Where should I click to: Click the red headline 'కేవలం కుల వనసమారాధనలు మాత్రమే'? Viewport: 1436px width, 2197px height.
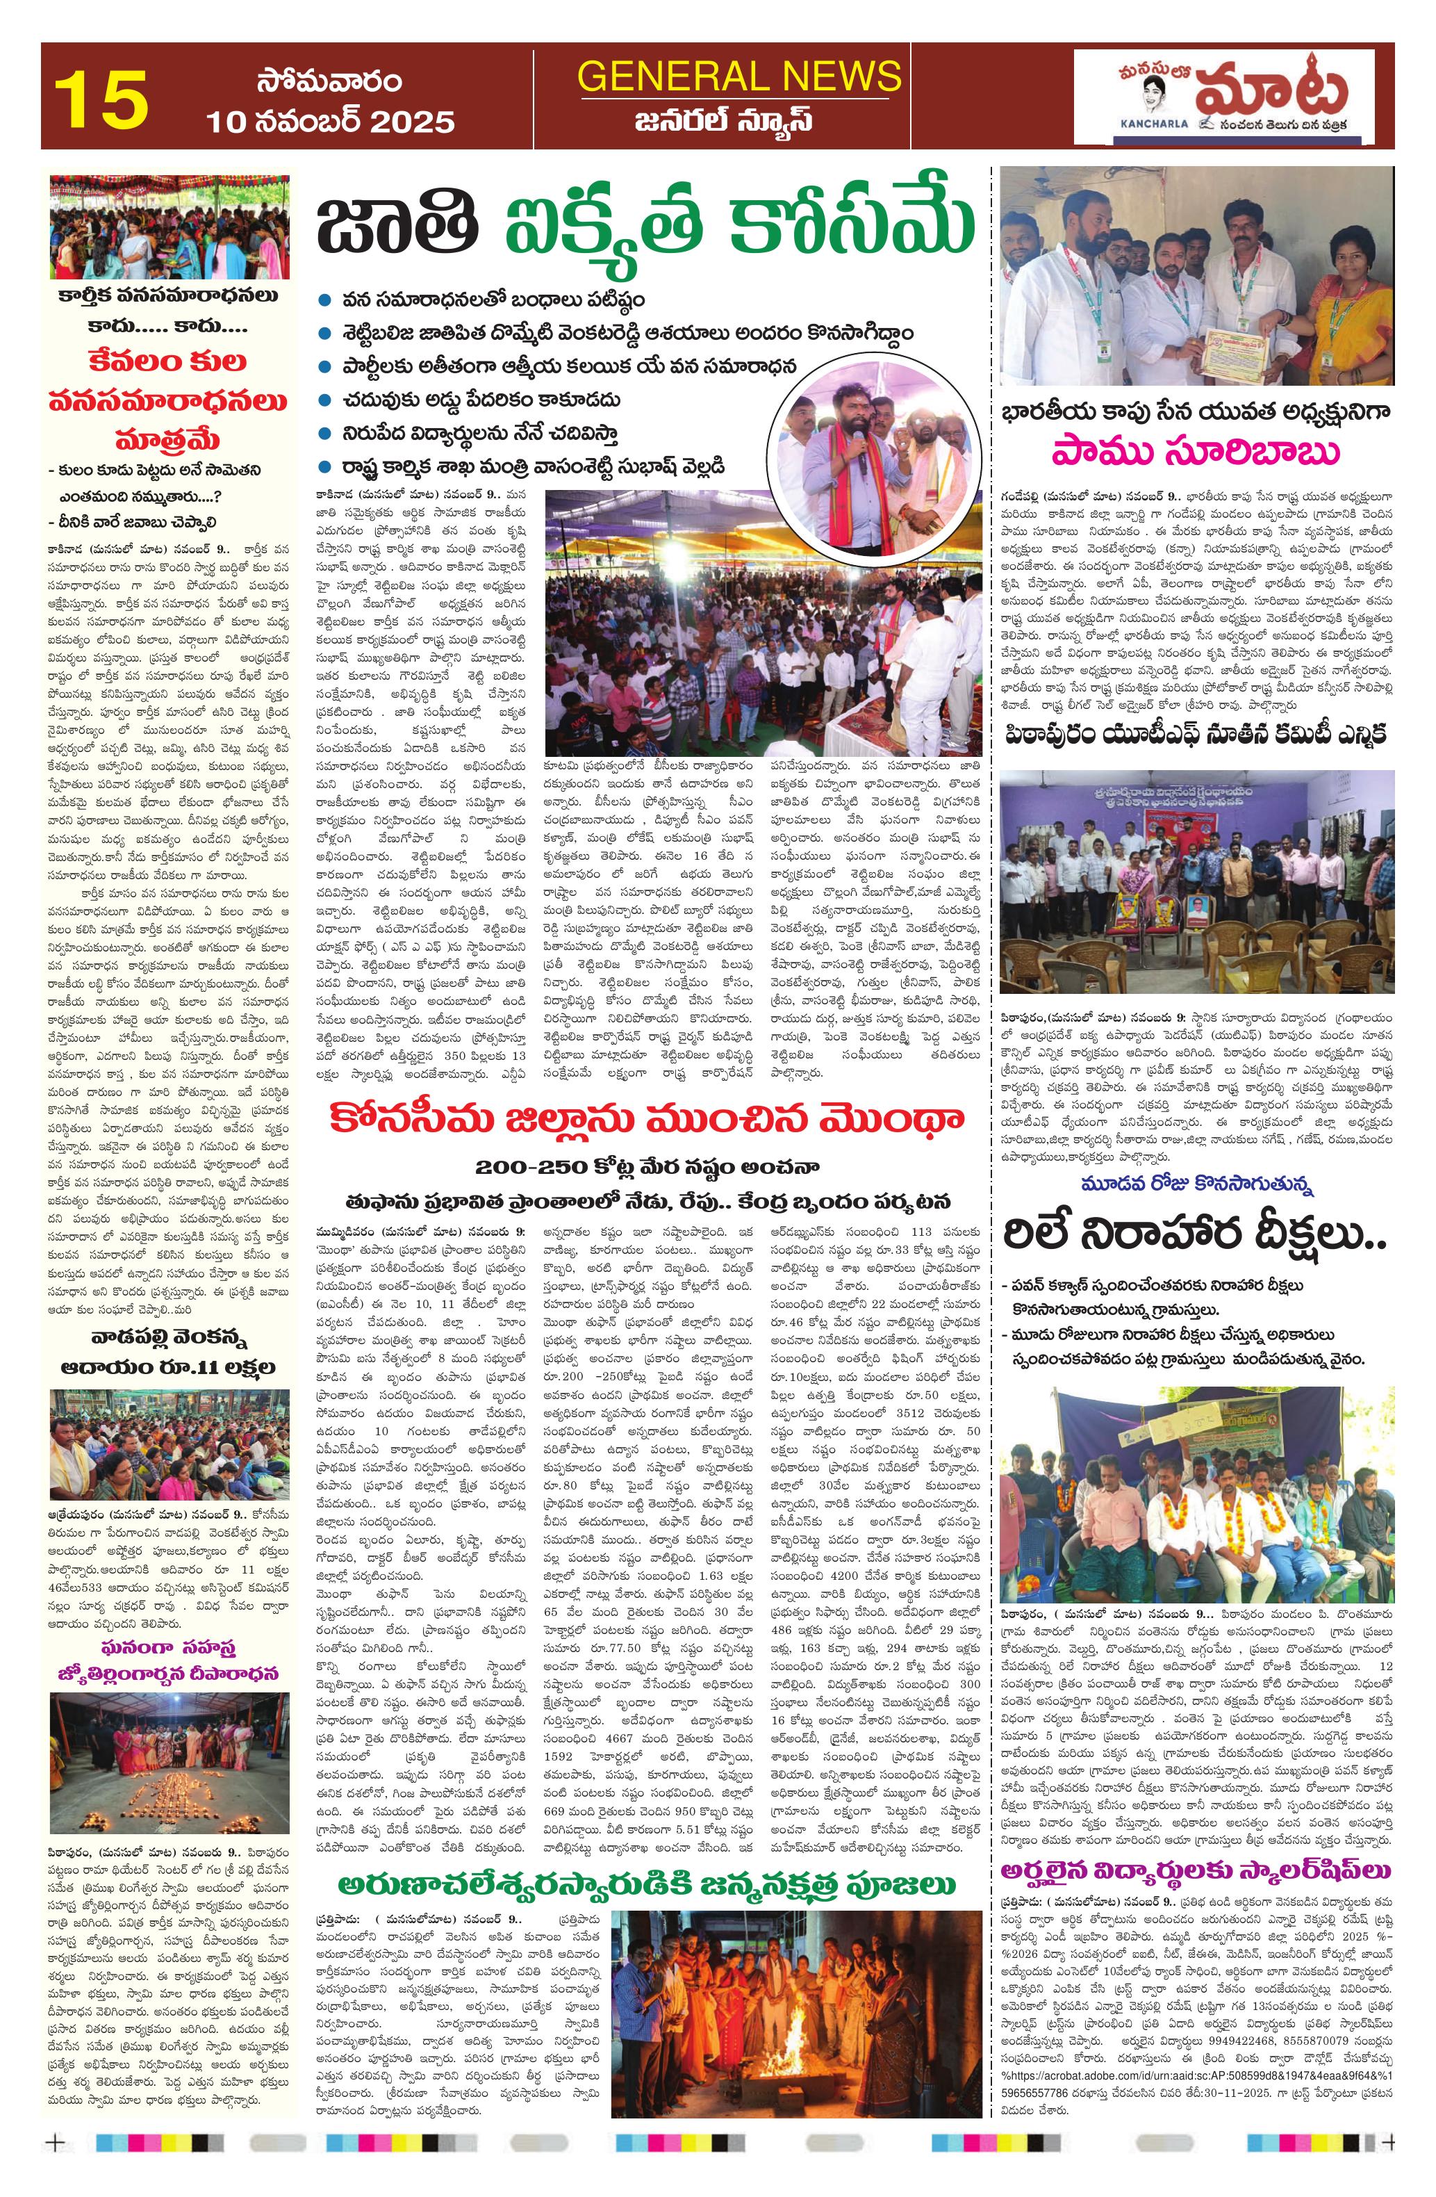169,399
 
